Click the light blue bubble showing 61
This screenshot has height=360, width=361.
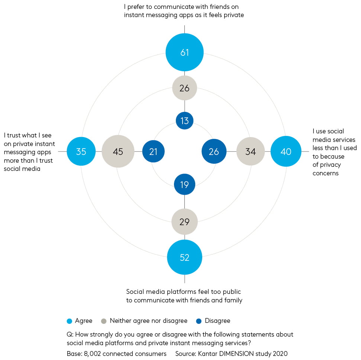[x=184, y=52]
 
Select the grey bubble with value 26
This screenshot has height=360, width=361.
[x=184, y=88]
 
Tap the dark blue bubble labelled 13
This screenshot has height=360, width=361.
[x=184, y=120]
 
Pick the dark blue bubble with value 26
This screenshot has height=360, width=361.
[x=214, y=151]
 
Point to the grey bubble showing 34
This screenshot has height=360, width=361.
[x=251, y=151]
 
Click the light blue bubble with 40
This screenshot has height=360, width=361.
[x=286, y=151]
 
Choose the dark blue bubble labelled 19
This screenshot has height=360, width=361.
[x=184, y=185]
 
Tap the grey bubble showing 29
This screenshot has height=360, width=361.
[x=184, y=222]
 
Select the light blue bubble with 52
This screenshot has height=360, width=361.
[x=184, y=257]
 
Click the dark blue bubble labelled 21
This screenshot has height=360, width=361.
[x=153, y=151]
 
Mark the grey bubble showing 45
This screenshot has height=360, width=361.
[x=118, y=151]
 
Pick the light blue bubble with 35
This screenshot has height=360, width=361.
[x=81, y=151]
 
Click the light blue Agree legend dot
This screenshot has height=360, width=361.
[x=69, y=321]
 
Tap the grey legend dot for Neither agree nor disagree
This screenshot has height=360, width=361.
[x=104, y=321]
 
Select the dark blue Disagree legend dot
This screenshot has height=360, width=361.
[x=199, y=321]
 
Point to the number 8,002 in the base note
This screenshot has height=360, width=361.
[x=92, y=354]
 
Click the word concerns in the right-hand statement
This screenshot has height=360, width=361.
[x=326, y=173]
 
